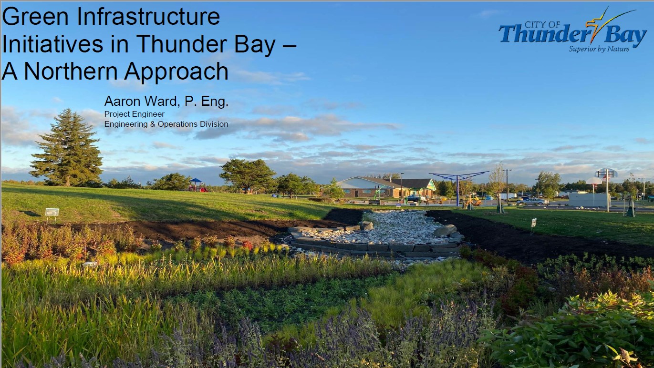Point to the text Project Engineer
(x=135, y=114)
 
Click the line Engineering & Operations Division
(x=166, y=124)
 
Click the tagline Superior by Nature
(x=599, y=49)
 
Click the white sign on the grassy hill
(x=52, y=212)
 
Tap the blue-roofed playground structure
(x=196, y=184)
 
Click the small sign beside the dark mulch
(x=533, y=223)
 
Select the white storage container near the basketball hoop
(x=589, y=199)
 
